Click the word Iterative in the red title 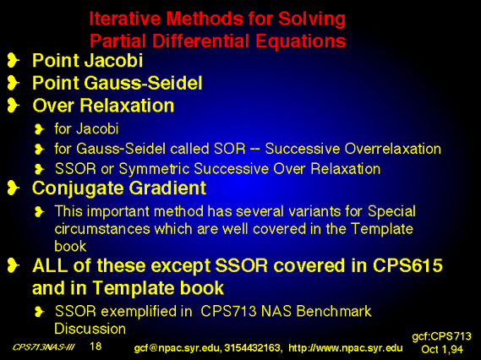[125, 19]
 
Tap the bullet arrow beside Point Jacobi [14, 60]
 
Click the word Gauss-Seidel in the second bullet [143, 83]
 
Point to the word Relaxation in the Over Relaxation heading [127, 106]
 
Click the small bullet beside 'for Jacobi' [40, 129]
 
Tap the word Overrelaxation [393, 149]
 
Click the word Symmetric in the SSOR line [154, 169]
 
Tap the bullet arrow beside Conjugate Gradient [14, 188]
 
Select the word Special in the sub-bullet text [391, 212]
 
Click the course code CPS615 [407, 265]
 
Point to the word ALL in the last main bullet [50, 265]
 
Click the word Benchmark [334, 311]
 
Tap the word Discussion [90, 329]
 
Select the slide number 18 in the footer [96, 346]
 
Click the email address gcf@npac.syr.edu [177, 348]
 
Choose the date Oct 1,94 [442, 349]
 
